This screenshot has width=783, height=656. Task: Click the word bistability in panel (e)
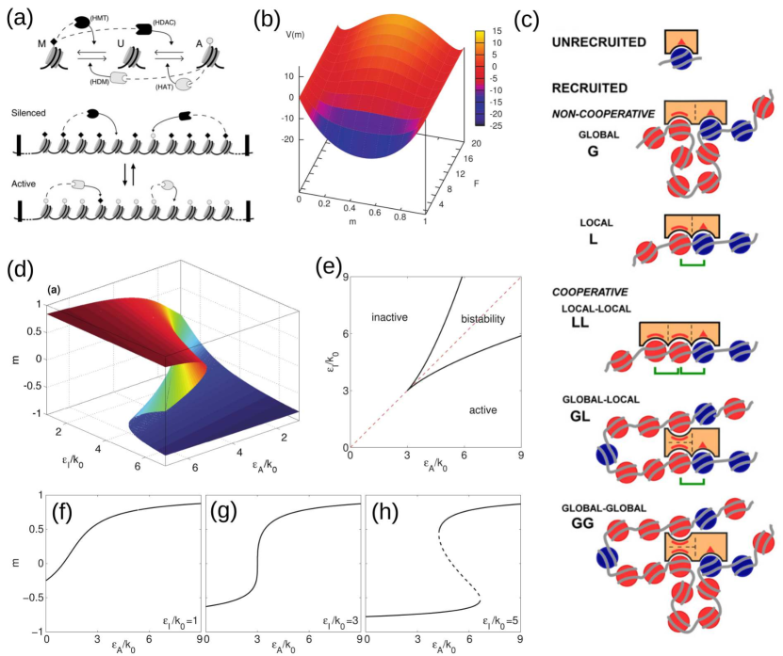tap(484, 320)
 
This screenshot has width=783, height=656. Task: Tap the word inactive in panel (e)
tap(388, 317)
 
